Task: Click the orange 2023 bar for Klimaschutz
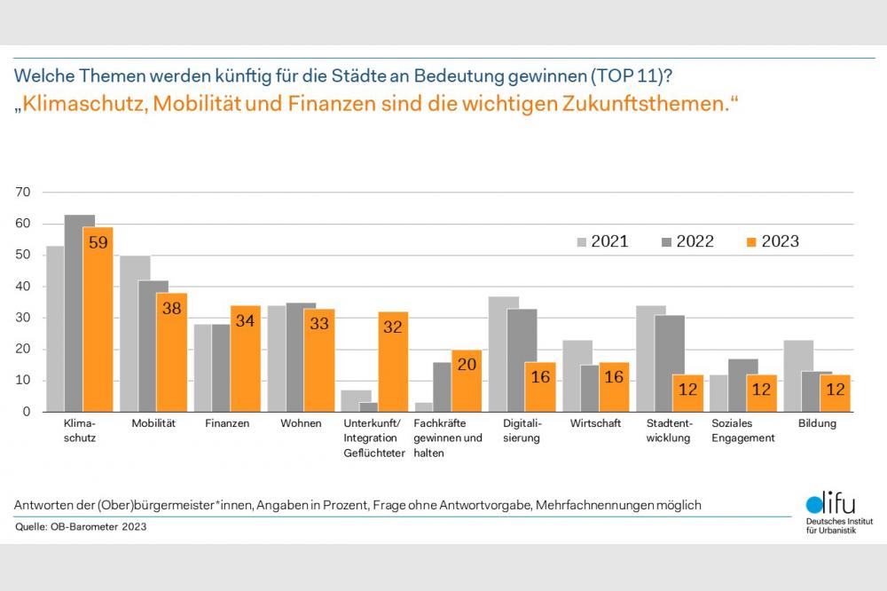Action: point(98,319)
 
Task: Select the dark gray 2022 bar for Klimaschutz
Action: point(80,313)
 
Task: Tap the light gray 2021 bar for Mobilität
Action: point(135,334)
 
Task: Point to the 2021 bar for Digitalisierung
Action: point(504,354)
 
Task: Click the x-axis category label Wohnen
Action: point(301,423)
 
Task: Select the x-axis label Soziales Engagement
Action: point(743,430)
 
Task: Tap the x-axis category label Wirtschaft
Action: point(596,423)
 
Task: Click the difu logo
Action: point(832,513)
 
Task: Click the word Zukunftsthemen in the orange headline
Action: point(645,103)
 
